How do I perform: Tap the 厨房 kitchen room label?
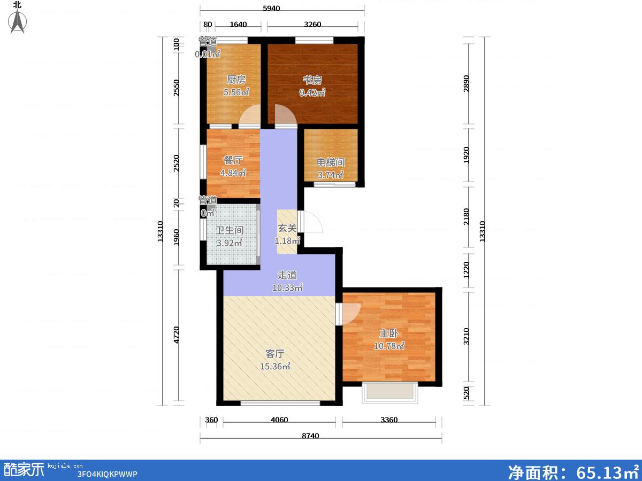coord(236,80)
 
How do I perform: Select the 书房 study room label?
coord(312,80)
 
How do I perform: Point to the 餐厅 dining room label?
coord(233,160)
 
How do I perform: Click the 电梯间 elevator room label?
coord(331,162)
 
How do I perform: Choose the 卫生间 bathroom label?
coord(230,230)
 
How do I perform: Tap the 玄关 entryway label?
coord(287,228)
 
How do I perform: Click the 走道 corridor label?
coord(287,275)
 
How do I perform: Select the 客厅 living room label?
coord(275,354)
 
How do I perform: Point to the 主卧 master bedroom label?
coord(389,333)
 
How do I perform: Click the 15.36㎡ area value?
coord(275,366)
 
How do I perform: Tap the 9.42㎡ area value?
coord(312,92)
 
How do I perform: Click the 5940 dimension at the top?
coord(271,8)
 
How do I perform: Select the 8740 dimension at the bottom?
coord(310,436)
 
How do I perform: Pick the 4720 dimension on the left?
coord(176,335)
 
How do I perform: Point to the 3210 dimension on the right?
coord(466,337)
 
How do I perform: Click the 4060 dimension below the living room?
coord(279,420)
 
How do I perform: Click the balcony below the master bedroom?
coord(390,392)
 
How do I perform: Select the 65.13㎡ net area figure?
coord(607,472)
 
